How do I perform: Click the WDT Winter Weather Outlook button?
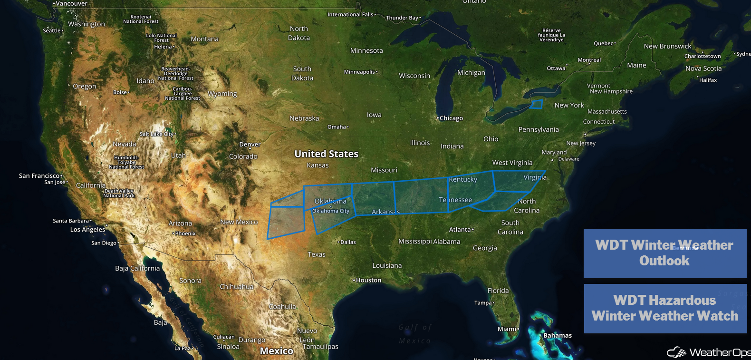[664, 253]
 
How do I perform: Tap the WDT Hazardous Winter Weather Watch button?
[664, 308]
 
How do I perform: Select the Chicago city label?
[451, 118]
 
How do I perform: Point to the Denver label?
[250, 145]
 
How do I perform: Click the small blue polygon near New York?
[536, 104]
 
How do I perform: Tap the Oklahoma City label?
[331, 211]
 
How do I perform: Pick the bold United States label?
[326, 154]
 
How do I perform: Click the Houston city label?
[368, 280]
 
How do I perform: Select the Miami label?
[507, 329]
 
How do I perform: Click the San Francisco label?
[39, 176]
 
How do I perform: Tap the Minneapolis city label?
[360, 72]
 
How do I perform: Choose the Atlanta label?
[460, 230]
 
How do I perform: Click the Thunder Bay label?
[402, 18]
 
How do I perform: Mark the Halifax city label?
[708, 80]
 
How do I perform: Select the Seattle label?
[52, 30]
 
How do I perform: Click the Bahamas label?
[558, 336]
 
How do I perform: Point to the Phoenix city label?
[185, 234]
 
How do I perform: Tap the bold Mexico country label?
[277, 351]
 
